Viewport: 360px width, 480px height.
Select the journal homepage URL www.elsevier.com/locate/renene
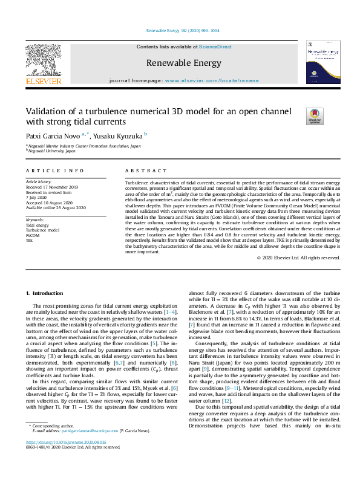pyautogui.click(x=211, y=80)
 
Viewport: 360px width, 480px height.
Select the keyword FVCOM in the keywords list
pyautogui.click(x=32, y=235)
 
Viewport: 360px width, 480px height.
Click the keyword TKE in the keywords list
pyautogui.click(x=29, y=239)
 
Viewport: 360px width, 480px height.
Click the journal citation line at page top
pyautogui.click(x=183, y=30)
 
